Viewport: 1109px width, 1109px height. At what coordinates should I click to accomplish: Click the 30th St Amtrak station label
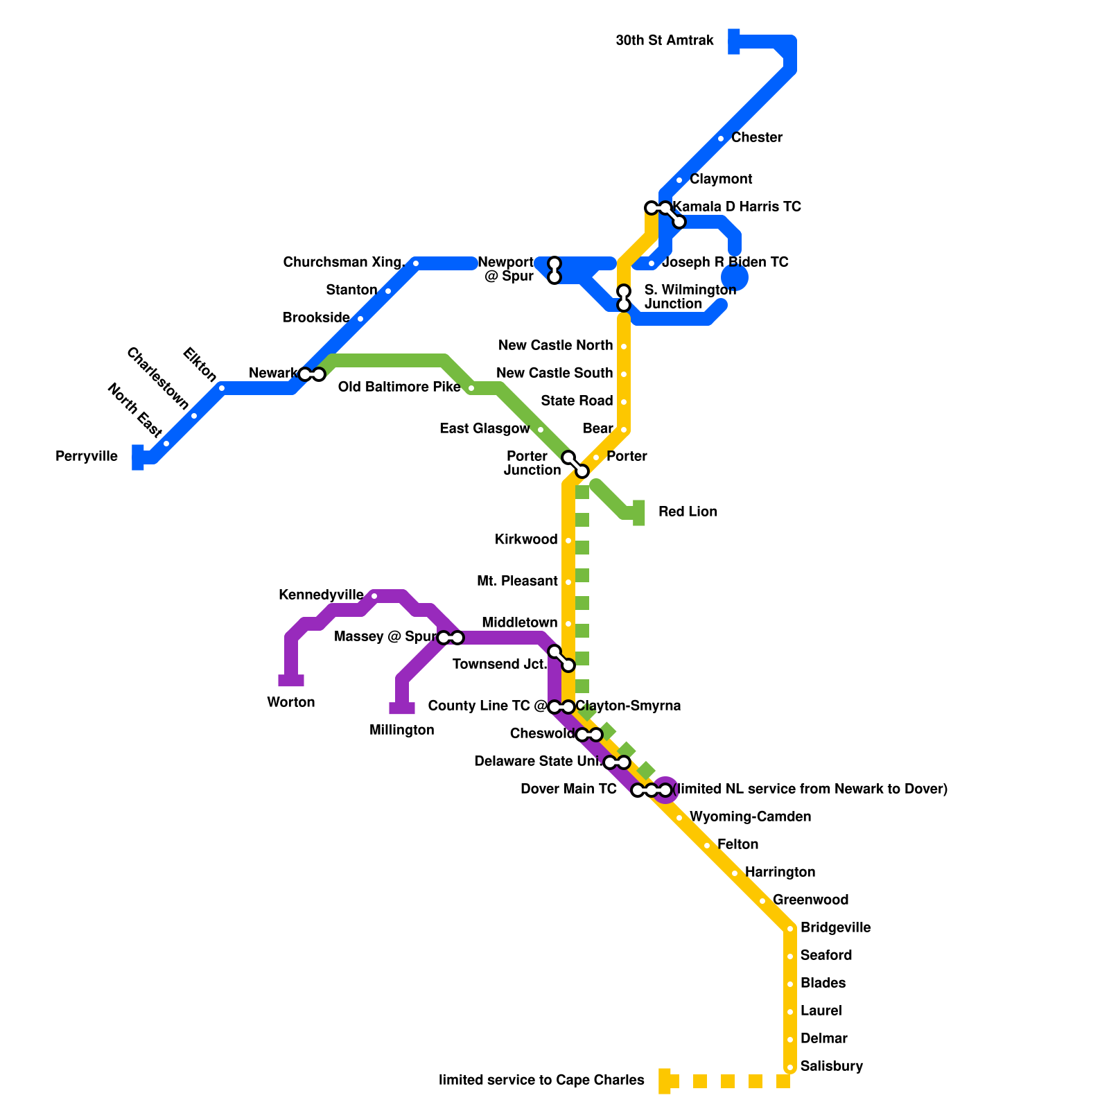pos(664,41)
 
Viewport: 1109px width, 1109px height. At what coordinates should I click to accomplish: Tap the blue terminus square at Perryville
pos(138,457)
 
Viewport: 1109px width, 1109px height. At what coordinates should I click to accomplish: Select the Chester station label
pos(756,138)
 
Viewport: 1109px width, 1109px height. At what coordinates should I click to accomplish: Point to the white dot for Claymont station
pos(679,180)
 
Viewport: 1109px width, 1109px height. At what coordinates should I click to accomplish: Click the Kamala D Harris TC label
pos(736,207)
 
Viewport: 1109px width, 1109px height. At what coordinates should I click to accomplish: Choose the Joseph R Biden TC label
pos(725,263)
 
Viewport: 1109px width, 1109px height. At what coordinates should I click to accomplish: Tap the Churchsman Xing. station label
pos(344,263)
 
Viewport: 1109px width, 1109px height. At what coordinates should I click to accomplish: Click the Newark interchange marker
pos(311,374)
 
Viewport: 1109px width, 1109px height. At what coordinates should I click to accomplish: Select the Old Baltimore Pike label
pos(399,387)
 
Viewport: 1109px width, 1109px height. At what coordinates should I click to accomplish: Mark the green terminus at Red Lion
pos(639,513)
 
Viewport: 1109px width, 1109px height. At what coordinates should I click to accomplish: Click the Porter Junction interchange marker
pos(575,464)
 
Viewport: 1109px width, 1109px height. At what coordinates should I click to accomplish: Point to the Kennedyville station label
pos(320,595)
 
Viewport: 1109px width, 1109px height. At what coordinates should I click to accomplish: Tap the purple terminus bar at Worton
pos(291,681)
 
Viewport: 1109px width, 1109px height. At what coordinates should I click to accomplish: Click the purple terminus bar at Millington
pos(402,708)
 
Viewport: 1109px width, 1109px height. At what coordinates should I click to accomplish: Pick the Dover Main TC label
pos(568,789)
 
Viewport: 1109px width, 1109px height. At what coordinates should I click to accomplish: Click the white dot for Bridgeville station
pos(790,929)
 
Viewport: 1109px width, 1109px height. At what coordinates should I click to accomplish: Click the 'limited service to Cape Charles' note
pos(541,1081)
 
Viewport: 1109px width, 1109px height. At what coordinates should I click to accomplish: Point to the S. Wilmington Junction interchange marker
pos(624,298)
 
